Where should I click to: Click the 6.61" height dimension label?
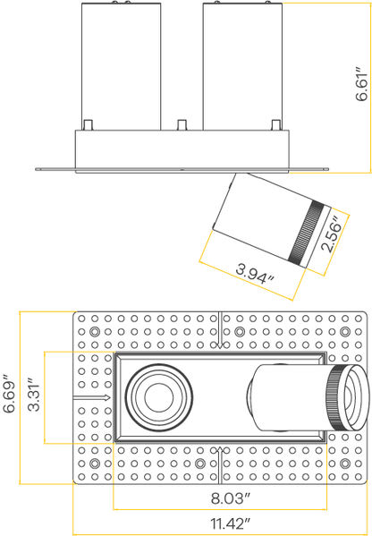[x=361, y=84]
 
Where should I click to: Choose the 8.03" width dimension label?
[x=231, y=498]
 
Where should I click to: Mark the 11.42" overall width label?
[x=231, y=523]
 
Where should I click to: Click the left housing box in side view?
[x=122, y=66]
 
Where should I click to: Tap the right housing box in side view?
[x=242, y=66]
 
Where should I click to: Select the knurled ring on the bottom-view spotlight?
[x=335, y=397]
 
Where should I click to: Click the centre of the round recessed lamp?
[x=159, y=397]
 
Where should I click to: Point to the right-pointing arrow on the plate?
[x=91, y=397]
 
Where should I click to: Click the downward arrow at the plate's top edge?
[x=220, y=330]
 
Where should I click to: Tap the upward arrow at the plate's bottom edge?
[x=220, y=465]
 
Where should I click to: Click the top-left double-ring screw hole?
[x=95, y=332]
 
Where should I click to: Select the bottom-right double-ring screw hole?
[x=345, y=464]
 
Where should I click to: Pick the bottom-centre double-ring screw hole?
[x=199, y=464]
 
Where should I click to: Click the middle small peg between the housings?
[x=182, y=124]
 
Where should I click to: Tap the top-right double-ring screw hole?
[x=345, y=332]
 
